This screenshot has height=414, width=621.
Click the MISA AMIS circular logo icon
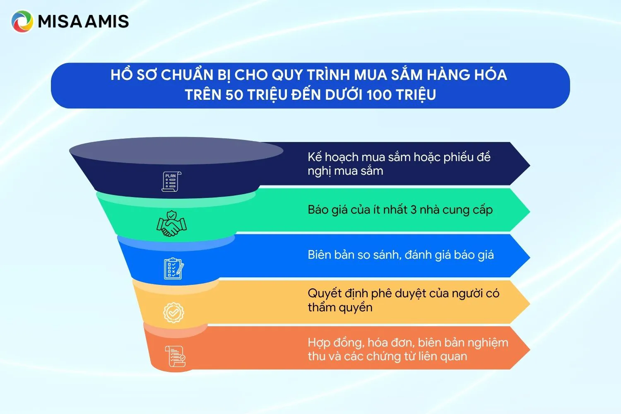pyautogui.click(x=22, y=22)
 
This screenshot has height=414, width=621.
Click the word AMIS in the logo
pyautogui.click(x=106, y=22)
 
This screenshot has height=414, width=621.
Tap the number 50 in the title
pyautogui.click(x=234, y=95)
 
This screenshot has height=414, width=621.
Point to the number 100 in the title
pyautogui.click(x=379, y=95)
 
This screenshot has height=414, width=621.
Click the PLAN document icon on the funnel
pyautogui.click(x=171, y=181)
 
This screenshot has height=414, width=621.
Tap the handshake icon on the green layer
pyautogui.click(x=171, y=224)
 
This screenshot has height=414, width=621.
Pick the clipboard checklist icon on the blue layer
pyautogui.click(x=173, y=269)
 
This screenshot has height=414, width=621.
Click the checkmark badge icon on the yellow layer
pyautogui.click(x=173, y=313)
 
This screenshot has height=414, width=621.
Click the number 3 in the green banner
pyautogui.click(x=413, y=210)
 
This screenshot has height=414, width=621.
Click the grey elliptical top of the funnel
pyautogui.click(x=176, y=150)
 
